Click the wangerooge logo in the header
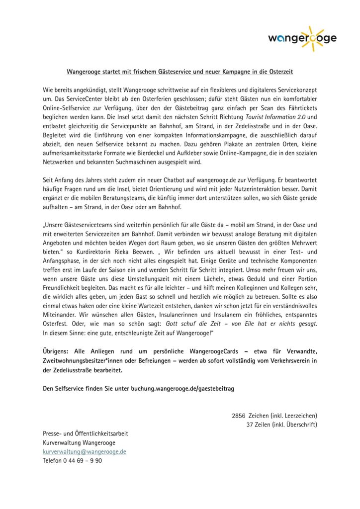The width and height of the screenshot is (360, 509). tap(301, 38)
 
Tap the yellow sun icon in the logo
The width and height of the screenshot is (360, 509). tap(311, 38)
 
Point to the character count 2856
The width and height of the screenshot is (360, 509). tap(239, 415)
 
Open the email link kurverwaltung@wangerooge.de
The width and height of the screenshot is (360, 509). tap(85, 451)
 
